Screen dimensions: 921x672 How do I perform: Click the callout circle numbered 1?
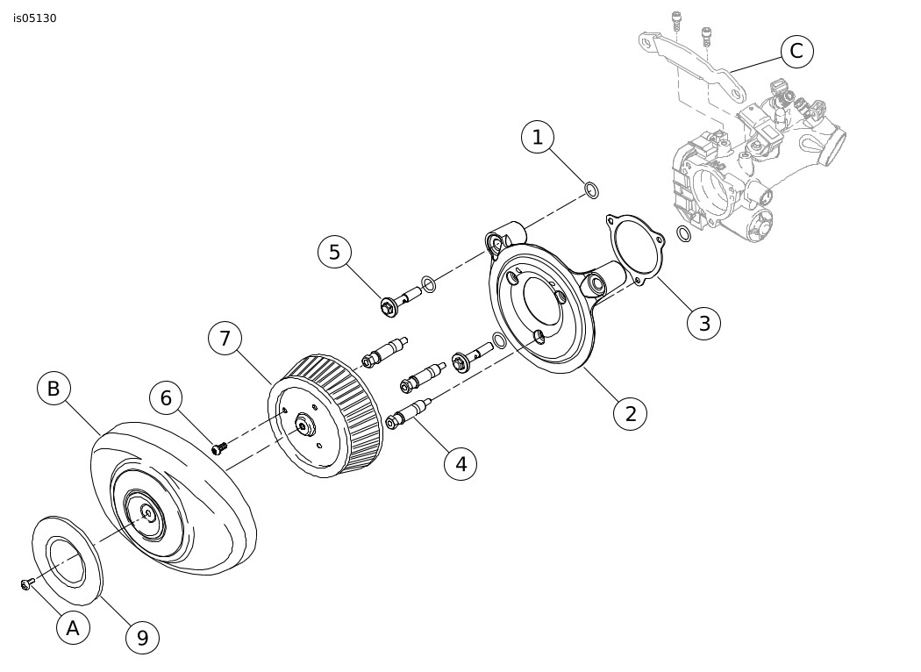pos(538,138)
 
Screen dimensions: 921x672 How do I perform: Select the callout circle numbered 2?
pos(631,413)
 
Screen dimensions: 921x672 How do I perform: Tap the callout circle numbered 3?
pos(704,323)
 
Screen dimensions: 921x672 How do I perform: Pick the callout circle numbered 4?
pos(460,464)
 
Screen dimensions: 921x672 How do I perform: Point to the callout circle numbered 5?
pos(334,253)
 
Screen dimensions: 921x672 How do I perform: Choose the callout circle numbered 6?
pos(166,398)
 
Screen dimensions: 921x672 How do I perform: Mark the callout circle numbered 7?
pos(225,339)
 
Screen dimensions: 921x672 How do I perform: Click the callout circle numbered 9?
pos(143,638)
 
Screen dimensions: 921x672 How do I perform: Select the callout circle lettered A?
pos(73,628)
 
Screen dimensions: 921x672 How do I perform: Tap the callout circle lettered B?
pos(54,389)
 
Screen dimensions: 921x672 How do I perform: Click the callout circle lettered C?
pos(796,51)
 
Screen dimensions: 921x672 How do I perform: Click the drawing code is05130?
pos(35,18)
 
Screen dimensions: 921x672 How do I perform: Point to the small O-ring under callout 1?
pos(591,190)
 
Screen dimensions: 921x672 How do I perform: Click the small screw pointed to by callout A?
pos(26,583)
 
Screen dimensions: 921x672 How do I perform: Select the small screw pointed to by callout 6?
pos(219,448)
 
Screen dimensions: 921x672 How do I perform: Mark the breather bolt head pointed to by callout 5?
pos(388,307)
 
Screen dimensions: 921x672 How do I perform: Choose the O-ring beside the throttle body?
pos(683,233)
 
